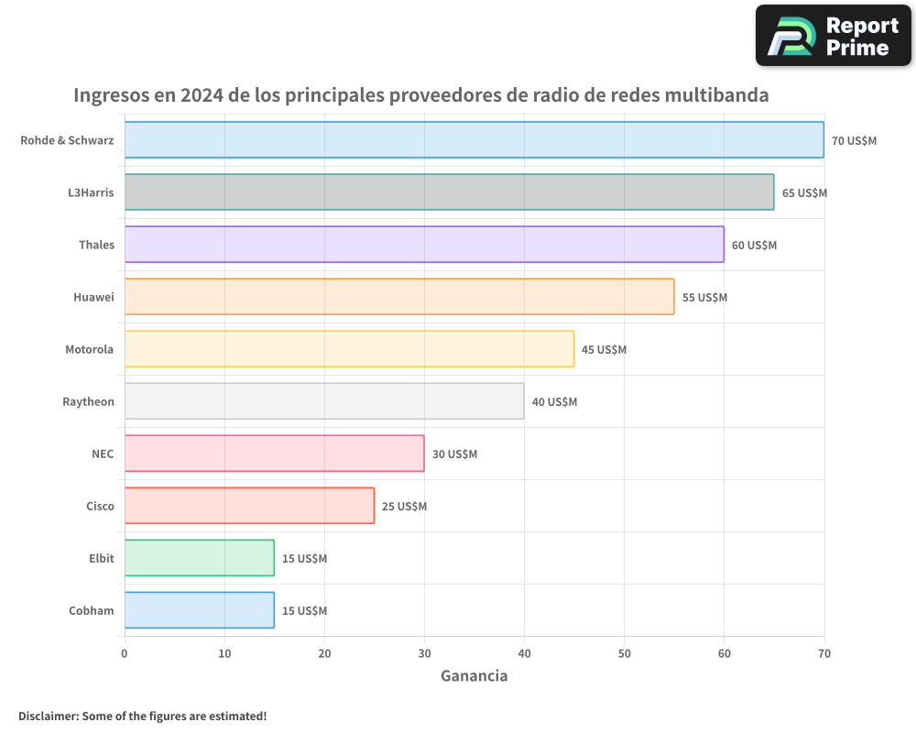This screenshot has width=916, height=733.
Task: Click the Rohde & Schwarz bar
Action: [474, 140]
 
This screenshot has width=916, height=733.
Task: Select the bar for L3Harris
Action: [449, 192]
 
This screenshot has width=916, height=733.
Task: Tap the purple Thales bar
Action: [424, 245]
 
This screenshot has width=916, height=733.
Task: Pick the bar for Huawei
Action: [398, 297]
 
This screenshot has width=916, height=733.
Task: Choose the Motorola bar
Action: [349, 349]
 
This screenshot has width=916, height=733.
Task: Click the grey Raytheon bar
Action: [324, 401]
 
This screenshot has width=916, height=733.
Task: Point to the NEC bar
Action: [274, 454]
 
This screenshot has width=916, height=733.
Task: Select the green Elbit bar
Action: [199, 558]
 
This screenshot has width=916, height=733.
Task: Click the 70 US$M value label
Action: [854, 141]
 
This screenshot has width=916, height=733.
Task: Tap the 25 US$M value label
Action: [404, 507]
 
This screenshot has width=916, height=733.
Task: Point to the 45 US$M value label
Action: [604, 350]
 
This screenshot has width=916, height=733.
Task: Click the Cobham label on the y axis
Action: [91, 610]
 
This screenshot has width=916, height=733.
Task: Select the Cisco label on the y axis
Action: [100, 506]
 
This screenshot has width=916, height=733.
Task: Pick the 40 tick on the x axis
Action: [524, 653]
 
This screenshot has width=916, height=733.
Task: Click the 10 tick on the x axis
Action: [224, 653]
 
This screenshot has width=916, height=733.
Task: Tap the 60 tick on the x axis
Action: [724, 653]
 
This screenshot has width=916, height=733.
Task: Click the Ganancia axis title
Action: [474, 676]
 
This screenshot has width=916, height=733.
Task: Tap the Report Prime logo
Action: [833, 36]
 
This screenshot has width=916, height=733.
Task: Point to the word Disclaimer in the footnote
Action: [48, 716]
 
